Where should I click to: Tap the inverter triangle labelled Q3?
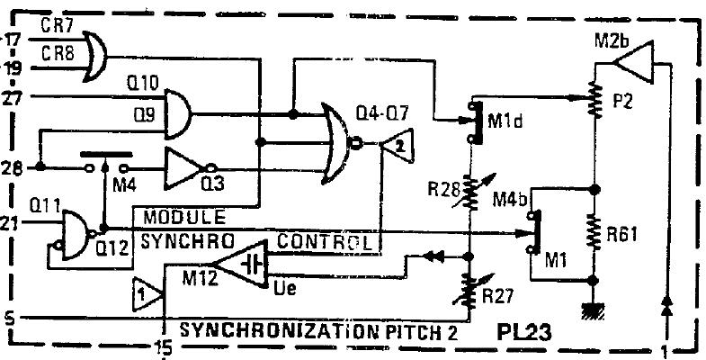click(x=185, y=167)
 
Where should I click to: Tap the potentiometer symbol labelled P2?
click(x=594, y=100)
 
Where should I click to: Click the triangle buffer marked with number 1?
click(x=147, y=293)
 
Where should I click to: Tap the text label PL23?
click(x=526, y=332)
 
